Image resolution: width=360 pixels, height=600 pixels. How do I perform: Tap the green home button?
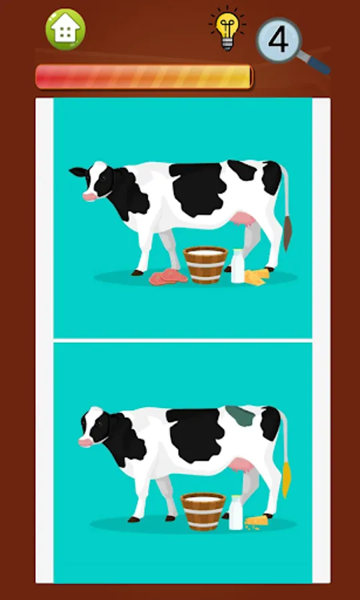65,29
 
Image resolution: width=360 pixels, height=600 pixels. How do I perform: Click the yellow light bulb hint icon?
227,29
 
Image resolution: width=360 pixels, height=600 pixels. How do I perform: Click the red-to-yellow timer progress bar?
144,77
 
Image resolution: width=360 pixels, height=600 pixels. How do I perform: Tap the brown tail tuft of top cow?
287,233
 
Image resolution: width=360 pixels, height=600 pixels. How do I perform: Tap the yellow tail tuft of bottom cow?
286,479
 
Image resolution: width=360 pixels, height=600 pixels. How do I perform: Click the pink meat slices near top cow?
168,277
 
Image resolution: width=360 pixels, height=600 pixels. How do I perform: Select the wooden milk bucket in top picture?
205,265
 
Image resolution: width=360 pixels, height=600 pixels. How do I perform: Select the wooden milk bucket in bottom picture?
203,511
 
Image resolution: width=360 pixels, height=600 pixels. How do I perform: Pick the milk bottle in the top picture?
237,266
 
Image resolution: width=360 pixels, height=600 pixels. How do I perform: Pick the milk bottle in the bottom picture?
235,513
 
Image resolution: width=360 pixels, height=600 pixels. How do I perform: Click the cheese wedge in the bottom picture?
256,521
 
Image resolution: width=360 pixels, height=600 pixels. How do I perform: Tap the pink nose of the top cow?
89,197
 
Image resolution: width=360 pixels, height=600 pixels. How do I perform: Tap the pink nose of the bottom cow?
86,443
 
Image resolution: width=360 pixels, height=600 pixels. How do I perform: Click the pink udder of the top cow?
243,221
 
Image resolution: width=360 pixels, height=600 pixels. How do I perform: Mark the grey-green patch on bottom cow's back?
241,415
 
